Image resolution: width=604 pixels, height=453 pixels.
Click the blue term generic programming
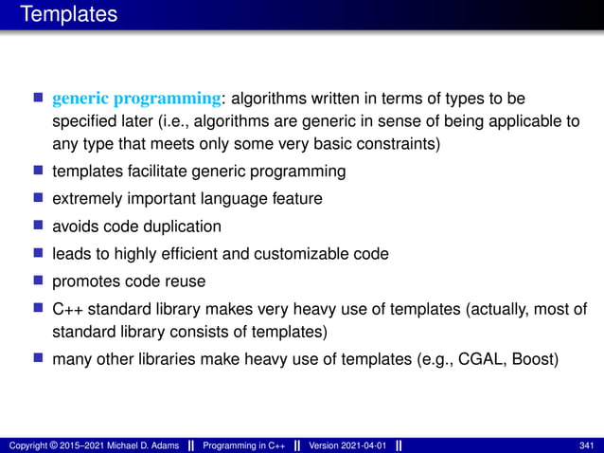(x=138, y=98)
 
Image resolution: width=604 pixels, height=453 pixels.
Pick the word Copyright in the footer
(x=27, y=444)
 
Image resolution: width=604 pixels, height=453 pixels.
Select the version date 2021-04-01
(x=363, y=444)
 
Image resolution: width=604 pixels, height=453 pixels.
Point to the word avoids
(x=76, y=226)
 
